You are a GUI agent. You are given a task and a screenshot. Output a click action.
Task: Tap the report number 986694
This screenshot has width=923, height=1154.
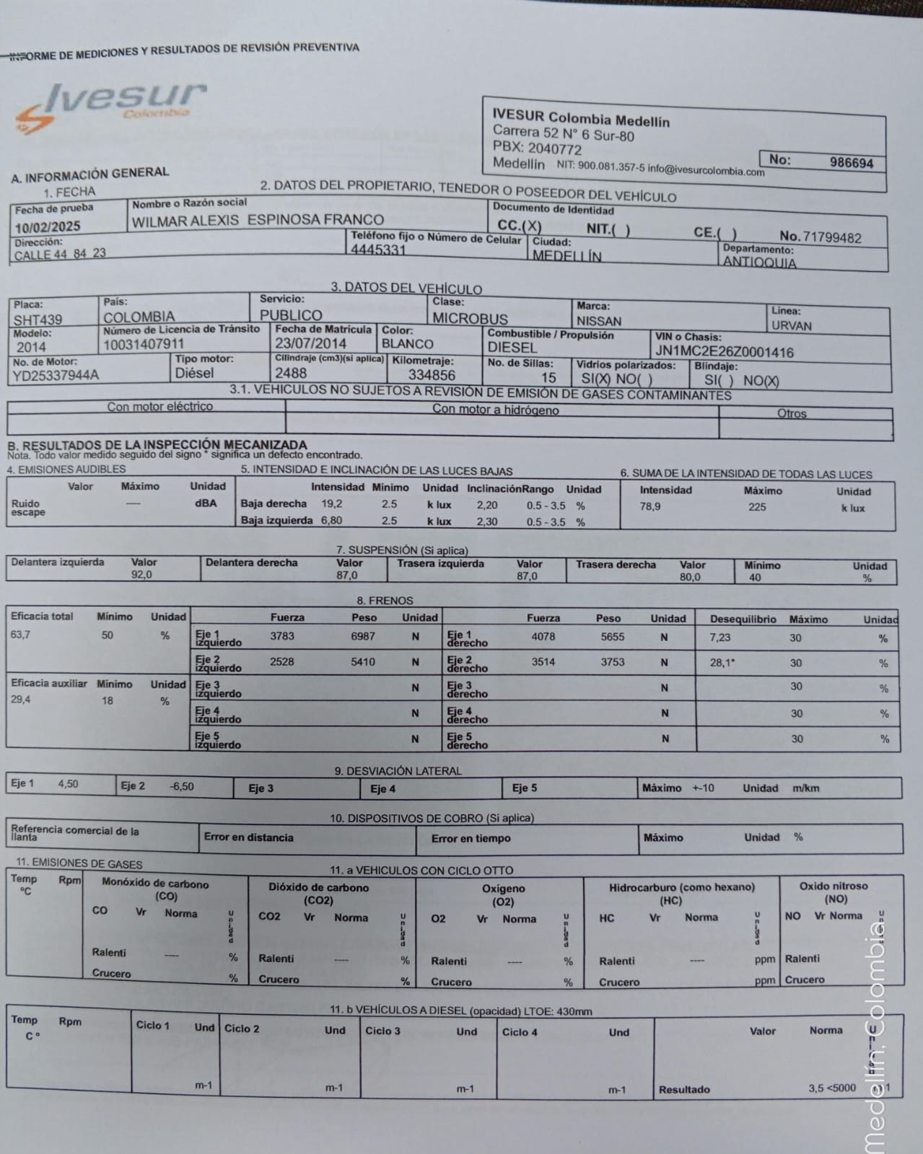tap(851, 162)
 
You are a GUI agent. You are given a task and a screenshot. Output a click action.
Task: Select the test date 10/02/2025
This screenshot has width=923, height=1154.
tap(48, 226)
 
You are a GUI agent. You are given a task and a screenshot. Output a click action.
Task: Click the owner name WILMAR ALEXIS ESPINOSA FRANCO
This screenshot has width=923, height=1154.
tap(258, 221)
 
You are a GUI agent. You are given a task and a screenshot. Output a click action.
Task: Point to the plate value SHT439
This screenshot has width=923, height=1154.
tap(38, 320)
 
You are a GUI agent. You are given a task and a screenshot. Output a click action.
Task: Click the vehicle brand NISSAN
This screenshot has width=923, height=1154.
tap(598, 321)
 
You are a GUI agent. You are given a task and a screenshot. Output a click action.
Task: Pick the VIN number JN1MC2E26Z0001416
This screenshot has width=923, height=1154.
tap(724, 352)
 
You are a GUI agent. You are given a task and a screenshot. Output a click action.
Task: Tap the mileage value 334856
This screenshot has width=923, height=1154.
tap(432, 375)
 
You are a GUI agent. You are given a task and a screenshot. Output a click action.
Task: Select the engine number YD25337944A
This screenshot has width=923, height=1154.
tap(56, 375)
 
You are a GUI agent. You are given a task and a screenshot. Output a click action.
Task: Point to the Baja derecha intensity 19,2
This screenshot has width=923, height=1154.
tap(332, 503)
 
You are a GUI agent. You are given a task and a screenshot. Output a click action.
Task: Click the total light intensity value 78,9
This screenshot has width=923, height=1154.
tap(649, 506)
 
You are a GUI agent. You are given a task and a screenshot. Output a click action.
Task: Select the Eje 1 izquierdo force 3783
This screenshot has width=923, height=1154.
tap(282, 636)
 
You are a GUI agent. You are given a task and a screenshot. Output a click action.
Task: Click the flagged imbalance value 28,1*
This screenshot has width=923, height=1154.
tap(722, 663)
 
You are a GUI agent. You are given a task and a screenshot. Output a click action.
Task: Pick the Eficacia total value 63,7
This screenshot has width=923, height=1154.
tap(20, 635)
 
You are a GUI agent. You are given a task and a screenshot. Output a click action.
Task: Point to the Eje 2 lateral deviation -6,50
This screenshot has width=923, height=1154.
tap(181, 786)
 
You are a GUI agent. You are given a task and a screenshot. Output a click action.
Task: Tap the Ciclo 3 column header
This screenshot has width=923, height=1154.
tap(382, 1031)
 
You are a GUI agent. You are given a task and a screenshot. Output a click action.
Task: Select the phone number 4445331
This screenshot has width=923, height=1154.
tap(378, 250)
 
